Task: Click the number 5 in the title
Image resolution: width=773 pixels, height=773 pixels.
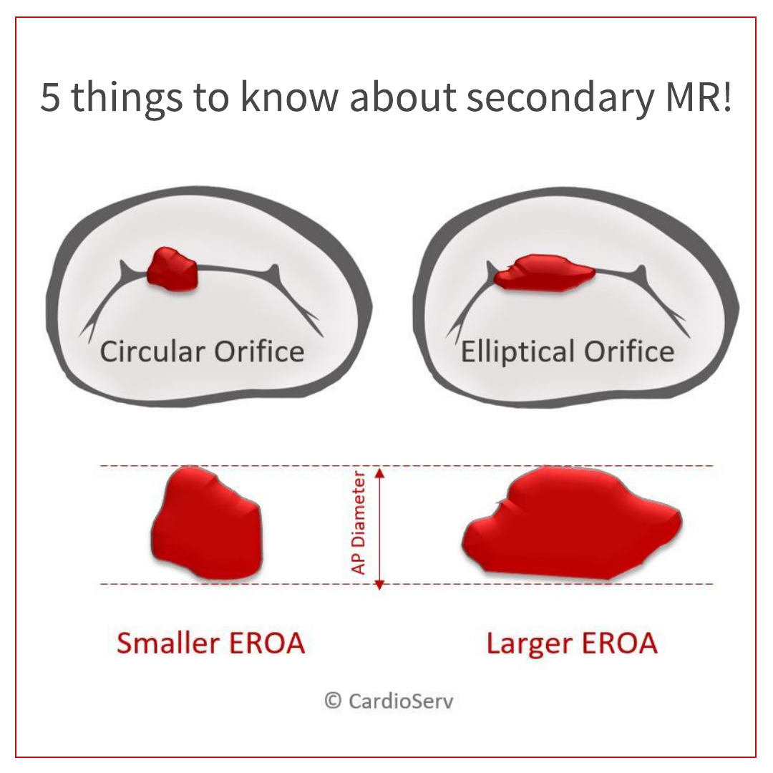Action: pyautogui.click(x=50, y=97)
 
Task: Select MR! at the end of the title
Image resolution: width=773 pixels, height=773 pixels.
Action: pyautogui.click(x=699, y=97)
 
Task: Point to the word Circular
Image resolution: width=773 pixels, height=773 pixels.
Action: pyautogui.click(x=152, y=351)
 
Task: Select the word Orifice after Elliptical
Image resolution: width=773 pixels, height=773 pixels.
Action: pyautogui.click(x=630, y=351)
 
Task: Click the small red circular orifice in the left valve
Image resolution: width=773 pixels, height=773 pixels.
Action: pyautogui.click(x=172, y=269)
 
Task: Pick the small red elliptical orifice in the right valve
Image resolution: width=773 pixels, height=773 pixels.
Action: pyautogui.click(x=544, y=272)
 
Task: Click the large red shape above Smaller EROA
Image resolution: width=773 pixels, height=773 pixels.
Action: pyautogui.click(x=207, y=523)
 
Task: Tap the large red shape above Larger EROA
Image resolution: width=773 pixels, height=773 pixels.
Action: pyautogui.click(x=572, y=523)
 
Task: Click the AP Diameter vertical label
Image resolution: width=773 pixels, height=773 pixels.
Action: pyautogui.click(x=359, y=523)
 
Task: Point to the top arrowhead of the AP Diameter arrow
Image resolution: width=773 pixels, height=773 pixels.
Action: pyautogui.click(x=379, y=472)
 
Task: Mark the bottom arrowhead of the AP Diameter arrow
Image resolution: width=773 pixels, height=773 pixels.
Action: pyautogui.click(x=379, y=585)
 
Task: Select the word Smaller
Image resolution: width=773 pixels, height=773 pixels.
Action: pyautogui.click(x=168, y=643)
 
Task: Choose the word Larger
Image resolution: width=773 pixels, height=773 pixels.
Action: pyautogui.click(x=529, y=645)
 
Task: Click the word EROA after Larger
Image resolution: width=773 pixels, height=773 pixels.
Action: pyautogui.click(x=620, y=643)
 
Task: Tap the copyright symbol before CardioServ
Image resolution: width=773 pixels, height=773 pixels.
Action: pyautogui.click(x=333, y=701)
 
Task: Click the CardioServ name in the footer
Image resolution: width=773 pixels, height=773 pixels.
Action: pyautogui.click(x=401, y=701)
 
